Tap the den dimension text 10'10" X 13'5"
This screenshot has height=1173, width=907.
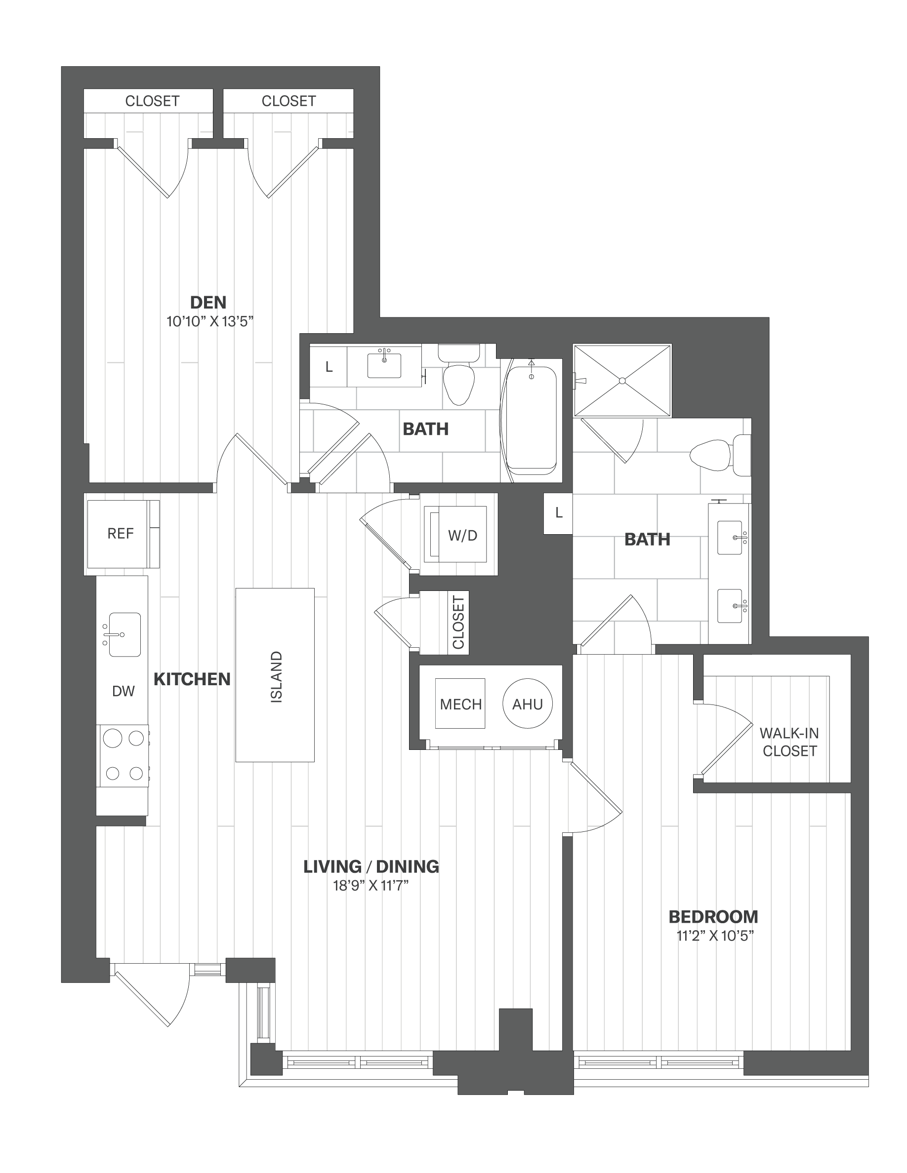pos(209,322)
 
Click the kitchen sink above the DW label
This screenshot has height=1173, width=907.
pos(124,634)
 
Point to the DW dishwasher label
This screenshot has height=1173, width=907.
pos(124,691)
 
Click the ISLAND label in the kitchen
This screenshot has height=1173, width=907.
pos(276,677)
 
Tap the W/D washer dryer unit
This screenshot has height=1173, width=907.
pos(455,534)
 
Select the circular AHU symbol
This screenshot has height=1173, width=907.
pos(528,704)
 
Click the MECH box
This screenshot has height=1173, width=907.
pos(460,704)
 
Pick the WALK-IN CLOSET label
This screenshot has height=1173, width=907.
pos(789,742)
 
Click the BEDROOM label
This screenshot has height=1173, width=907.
pos(713,917)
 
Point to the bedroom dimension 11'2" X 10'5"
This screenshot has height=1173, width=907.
pos(715,936)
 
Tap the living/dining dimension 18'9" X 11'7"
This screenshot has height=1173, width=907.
pos(371,886)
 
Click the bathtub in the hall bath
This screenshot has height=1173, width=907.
pos(532,421)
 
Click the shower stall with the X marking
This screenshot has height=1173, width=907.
pos(622,380)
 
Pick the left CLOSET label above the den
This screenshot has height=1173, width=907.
pos(152,101)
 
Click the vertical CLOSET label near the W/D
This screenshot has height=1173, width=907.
pos(458,622)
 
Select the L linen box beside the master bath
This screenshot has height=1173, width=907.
pos(558,513)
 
